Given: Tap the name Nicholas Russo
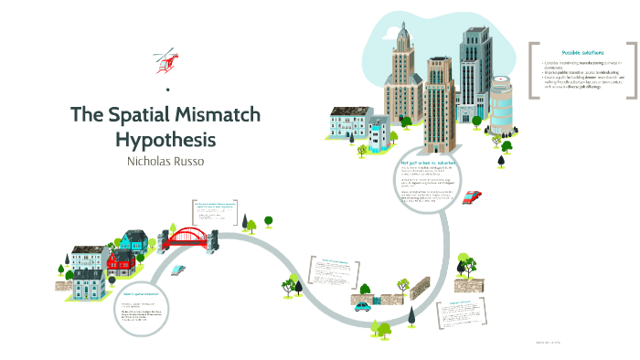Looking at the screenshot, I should click(x=165, y=163).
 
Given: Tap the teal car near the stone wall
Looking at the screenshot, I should click(x=363, y=306).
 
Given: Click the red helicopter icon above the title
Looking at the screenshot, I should click(x=165, y=61).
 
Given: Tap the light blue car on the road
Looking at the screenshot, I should click(x=178, y=271).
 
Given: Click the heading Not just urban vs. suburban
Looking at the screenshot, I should click(x=427, y=162).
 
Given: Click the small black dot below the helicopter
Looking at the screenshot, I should click(x=167, y=89).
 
